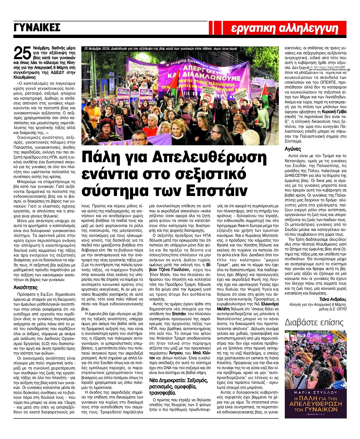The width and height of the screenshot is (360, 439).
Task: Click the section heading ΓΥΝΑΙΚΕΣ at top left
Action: (37, 28)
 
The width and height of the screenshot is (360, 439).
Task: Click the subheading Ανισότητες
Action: (25, 288)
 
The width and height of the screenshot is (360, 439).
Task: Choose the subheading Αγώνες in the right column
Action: (293, 149)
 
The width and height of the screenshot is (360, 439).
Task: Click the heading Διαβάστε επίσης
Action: (314, 322)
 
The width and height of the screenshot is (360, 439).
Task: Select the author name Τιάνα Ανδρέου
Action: (333, 299)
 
